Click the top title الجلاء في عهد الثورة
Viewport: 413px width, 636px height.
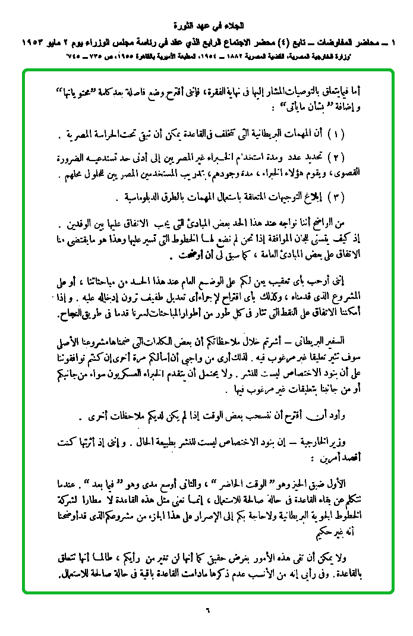point(207,27)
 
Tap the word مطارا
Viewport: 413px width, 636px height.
point(95,497)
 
